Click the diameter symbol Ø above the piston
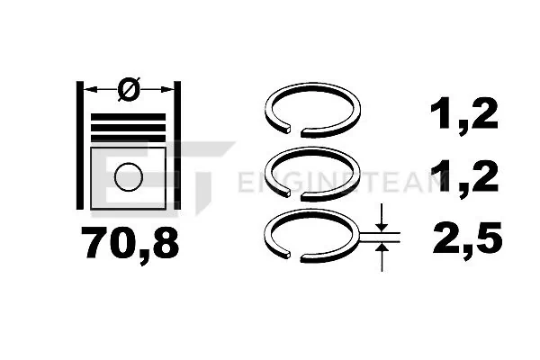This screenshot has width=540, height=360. click(129, 89)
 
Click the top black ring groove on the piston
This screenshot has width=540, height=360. click(128, 117)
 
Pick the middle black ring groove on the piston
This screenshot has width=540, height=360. click(128, 128)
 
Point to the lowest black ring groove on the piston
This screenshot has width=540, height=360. click(128, 139)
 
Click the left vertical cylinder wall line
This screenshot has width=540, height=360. click(80, 146)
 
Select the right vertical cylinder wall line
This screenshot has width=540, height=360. click(177, 146)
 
